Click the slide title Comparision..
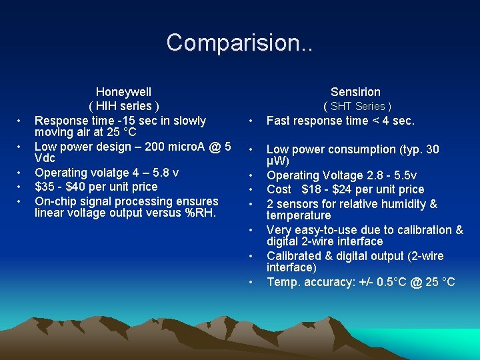(239, 43)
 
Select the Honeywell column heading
(123, 92)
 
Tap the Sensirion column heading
(355, 92)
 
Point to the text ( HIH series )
(124, 106)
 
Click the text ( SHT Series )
(357, 106)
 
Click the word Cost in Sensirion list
(279, 189)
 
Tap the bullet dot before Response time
(20, 121)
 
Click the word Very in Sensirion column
(279, 230)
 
